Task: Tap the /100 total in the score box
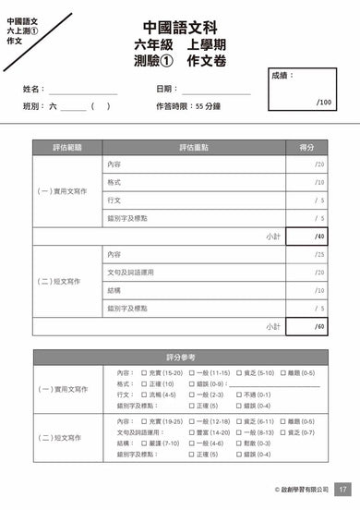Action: pos(322,102)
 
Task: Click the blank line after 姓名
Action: pos(83,90)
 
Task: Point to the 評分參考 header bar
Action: pos(180,357)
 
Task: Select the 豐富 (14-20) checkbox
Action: pos(191,432)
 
